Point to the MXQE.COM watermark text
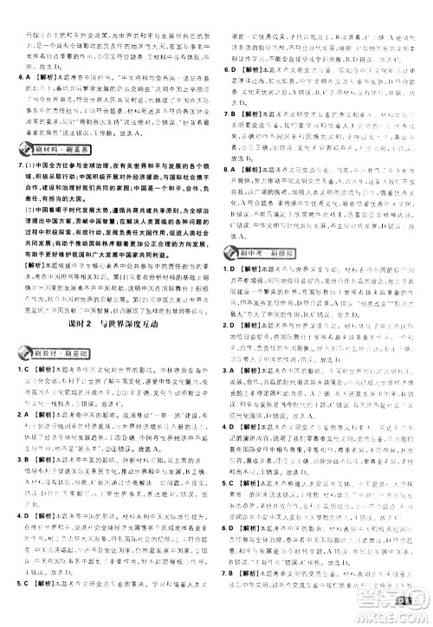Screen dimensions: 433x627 [398, 617]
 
